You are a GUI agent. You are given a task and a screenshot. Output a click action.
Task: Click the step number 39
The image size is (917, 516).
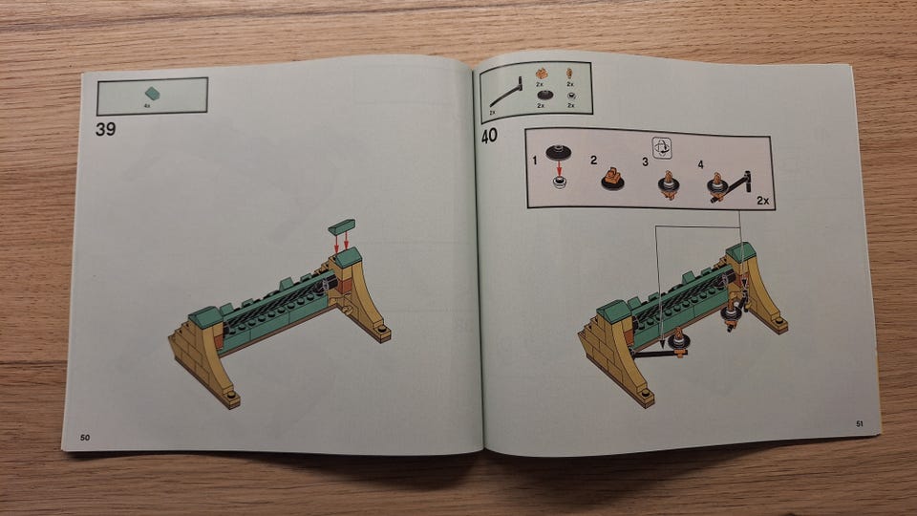pos(105,129)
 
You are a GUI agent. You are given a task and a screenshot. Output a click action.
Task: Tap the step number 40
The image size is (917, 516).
pos(489,137)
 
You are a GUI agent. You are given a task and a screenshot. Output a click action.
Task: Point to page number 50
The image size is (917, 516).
pos(85,438)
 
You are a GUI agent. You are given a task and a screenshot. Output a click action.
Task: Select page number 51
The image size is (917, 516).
pos(859,423)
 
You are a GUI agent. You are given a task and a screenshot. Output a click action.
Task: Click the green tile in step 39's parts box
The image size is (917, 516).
pos(153,93)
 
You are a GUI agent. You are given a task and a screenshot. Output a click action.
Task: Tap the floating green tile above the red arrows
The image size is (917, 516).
pos(342,226)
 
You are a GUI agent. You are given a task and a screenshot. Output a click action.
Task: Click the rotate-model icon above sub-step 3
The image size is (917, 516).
pos(661,148)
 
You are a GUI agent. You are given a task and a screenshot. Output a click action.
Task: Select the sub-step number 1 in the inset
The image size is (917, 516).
pos(535,161)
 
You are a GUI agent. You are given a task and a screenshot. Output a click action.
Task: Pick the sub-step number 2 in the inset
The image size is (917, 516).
pos(593,161)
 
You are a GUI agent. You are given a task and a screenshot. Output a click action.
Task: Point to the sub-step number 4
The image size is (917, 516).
pos(700,165)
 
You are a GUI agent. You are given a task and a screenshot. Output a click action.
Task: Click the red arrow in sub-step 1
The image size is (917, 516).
pos(559,168)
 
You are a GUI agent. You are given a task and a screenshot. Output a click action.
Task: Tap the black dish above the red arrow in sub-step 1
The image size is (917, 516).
pos(559,152)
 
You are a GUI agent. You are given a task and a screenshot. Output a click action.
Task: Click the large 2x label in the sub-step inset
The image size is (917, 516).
pos(762,201)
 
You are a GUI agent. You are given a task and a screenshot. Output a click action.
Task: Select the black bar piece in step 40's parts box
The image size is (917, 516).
pos(506,93)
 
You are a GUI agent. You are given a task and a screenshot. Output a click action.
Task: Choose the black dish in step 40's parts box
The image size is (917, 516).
pos(545,95)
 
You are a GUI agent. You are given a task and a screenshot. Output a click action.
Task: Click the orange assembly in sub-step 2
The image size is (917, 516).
pos(612,179)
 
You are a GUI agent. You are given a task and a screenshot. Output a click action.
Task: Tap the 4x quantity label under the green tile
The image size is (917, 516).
pos(147,106)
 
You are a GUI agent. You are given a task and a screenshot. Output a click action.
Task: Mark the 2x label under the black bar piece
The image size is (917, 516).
pos(493,113)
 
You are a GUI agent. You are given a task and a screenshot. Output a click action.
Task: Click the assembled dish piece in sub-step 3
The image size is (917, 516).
pos(668,185)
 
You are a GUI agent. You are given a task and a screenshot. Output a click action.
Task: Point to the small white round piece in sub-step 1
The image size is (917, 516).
pos(560,183)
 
